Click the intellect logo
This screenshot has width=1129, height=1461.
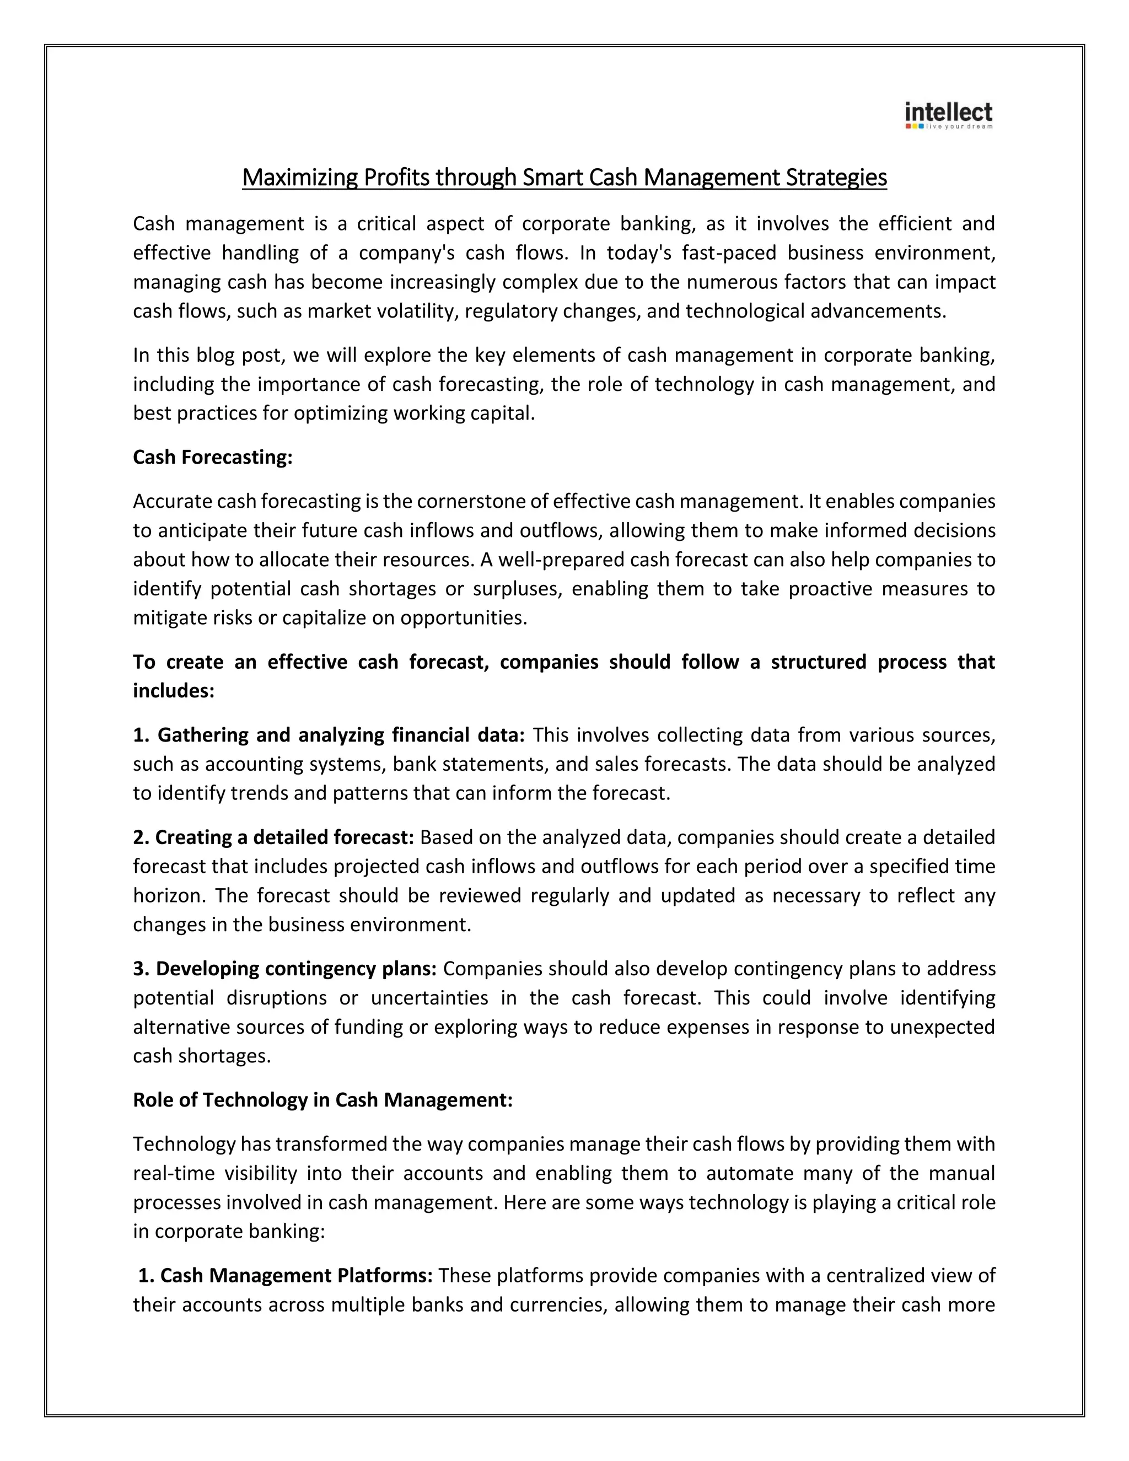pos(948,116)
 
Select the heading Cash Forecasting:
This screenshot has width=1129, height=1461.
pos(213,457)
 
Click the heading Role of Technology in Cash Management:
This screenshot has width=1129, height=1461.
pos(322,1100)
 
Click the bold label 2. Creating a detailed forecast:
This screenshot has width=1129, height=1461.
pos(273,837)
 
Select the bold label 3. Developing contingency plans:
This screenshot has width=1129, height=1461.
pos(285,968)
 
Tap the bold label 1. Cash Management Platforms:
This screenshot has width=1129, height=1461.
pos(286,1275)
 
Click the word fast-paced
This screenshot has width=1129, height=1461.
pos(728,253)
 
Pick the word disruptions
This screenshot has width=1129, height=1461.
pos(276,997)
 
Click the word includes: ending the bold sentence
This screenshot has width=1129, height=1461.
pos(173,691)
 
